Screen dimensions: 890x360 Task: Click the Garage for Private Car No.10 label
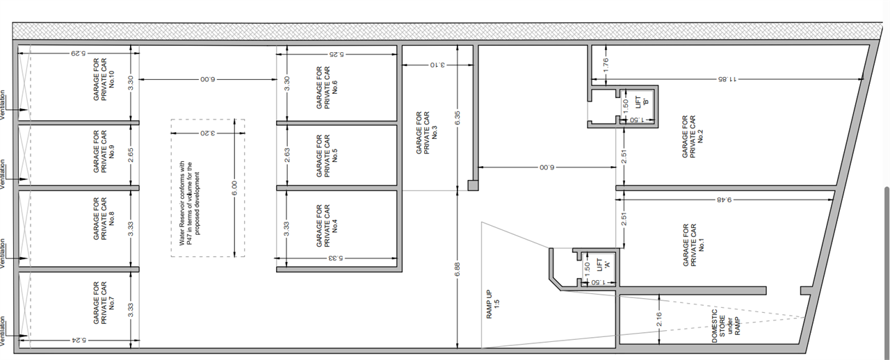[x=104, y=79]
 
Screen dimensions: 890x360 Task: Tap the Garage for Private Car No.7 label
[x=104, y=303]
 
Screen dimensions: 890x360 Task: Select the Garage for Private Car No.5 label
[x=327, y=156]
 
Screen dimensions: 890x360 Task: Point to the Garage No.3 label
[x=427, y=132]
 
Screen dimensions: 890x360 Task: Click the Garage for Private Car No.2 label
[x=693, y=137]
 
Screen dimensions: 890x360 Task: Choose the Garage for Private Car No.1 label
[x=694, y=245]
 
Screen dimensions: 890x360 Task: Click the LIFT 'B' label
[x=642, y=101]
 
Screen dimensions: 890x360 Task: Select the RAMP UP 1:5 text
[x=493, y=304]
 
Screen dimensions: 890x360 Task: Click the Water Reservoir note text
[x=189, y=203]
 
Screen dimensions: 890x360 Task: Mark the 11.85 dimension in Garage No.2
[x=727, y=79]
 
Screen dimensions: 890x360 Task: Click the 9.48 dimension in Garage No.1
[x=724, y=199]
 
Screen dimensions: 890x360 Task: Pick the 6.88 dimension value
[x=458, y=270]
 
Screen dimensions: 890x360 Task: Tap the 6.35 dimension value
[x=458, y=117]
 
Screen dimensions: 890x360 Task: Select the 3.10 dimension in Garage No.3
[x=437, y=65]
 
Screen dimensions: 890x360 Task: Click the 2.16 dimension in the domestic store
[x=658, y=319]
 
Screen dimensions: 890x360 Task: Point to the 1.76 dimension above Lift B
[x=606, y=65]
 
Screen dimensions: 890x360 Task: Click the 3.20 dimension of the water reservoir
[x=207, y=133]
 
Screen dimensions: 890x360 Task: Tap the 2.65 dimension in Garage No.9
[x=131, y=155]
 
